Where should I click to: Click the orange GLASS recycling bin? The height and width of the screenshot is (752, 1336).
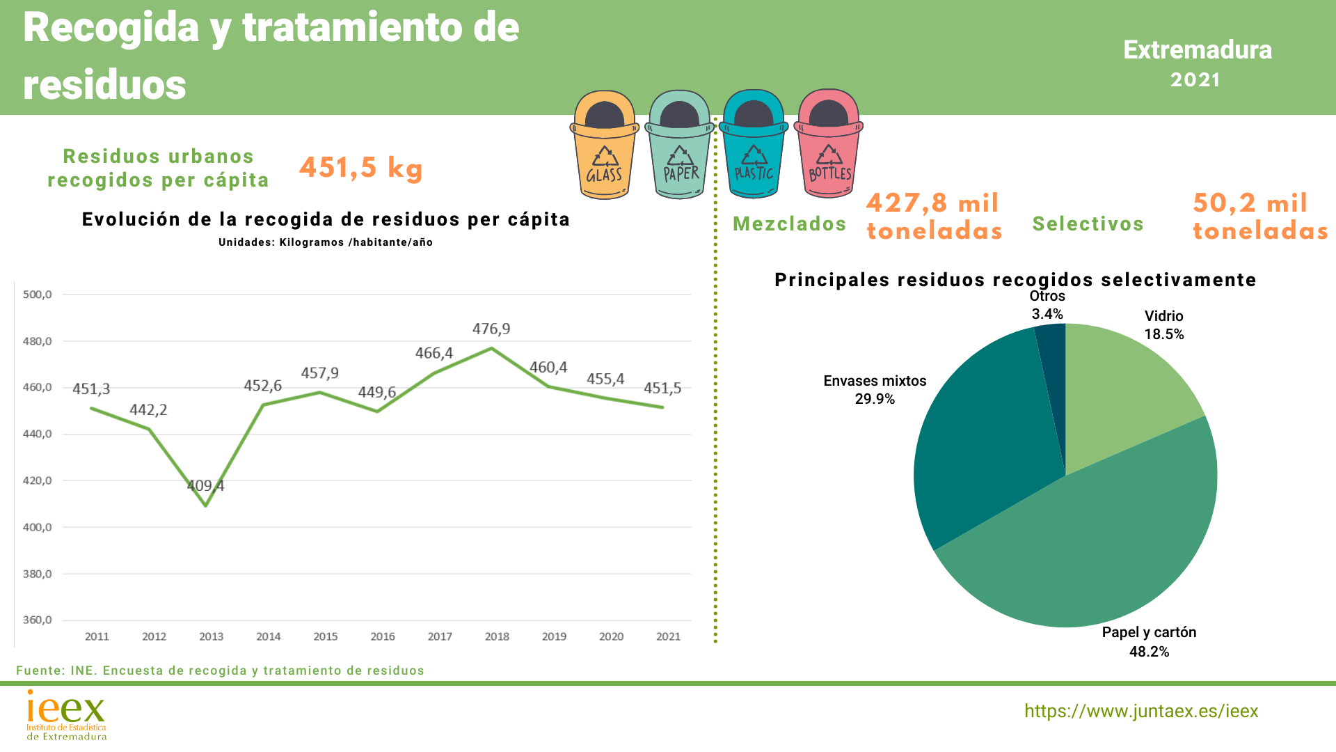click(604, 146)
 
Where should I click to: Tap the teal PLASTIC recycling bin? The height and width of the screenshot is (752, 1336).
click(754, 146)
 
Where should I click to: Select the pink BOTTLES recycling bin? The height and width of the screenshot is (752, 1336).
click(829, 146)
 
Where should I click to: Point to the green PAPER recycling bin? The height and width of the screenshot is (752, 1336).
click(680, 146)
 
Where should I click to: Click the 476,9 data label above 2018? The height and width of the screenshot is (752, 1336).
click(491, 329)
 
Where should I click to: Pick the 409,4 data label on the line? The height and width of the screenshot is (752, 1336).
click(205, 485)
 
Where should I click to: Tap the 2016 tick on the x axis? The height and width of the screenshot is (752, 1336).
click(383, 636)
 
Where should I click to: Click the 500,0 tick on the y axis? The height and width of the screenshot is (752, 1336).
click(38, 295)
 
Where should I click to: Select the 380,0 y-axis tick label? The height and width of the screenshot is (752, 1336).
click(38, 574)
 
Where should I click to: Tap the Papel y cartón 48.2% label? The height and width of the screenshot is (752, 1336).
click(1149, 642)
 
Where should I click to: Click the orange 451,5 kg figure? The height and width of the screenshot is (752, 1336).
click(361, 168)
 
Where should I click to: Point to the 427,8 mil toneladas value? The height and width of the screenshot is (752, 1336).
click(934, 217)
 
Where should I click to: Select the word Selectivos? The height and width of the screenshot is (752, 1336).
click(1088, 224)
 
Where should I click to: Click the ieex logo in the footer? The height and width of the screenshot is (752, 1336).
click(66, 714)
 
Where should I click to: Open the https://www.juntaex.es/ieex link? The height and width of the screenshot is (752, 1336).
click(1141, 711)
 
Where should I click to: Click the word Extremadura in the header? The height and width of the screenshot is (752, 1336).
click(1198, 50)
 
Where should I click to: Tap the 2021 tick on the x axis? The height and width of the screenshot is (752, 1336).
click(668, 636)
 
